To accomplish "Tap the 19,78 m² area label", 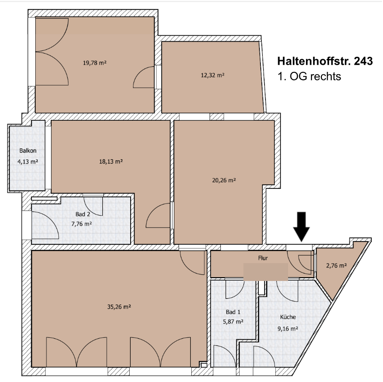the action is coord(94,63).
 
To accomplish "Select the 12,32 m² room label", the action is coord(212,75).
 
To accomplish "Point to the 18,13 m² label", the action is coord(111,162).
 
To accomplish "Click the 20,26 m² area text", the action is coord(224,180).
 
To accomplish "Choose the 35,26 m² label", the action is coord(119,306).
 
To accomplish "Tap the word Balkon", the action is coord(28,151).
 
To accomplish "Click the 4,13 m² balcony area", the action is coord(28,162).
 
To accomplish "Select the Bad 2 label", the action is coord(83,214).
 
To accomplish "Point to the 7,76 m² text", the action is coord(82,224).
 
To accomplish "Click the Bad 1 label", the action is coord(233,312).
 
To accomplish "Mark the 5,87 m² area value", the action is coord(233,322).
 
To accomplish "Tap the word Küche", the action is coord(288,317).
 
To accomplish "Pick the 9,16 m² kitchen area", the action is coord(288,329).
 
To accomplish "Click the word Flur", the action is coord(263,258).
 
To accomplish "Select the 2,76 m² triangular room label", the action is coord(336,265).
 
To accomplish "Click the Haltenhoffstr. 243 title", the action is coord(325,61).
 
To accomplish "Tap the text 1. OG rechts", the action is coord(309,76).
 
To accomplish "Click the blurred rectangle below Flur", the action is coord(266,272).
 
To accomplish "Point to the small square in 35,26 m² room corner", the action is coord(203,365).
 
